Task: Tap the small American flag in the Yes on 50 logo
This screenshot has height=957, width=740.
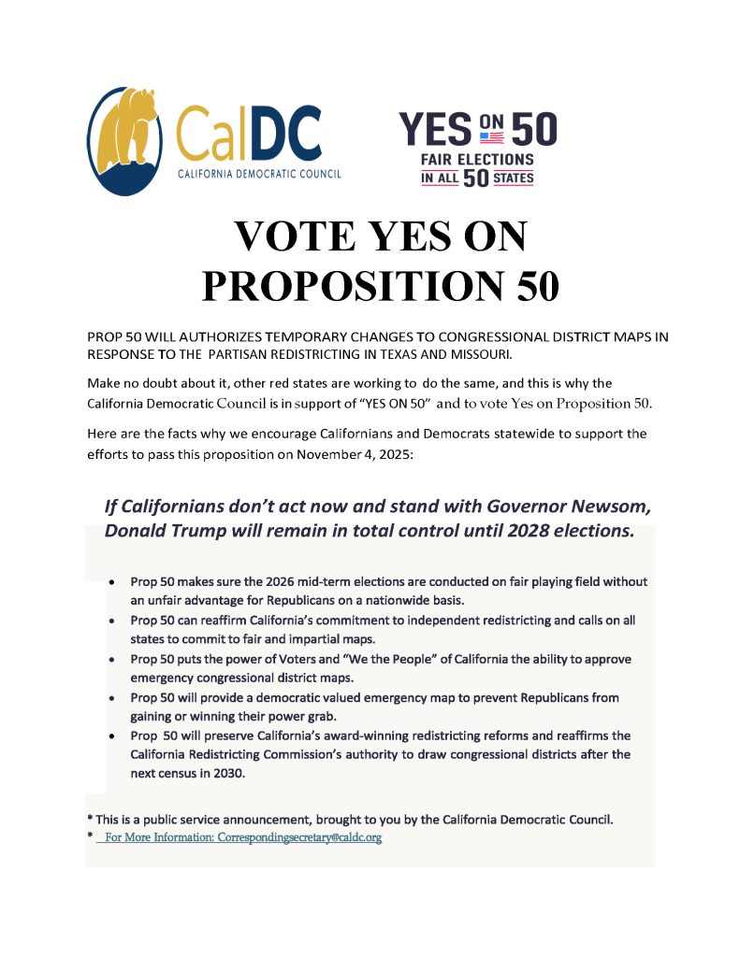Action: pyautogui.click(x=491, y=136)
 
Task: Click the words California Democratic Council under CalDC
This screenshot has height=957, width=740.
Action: pyautogui.click(x=259, y=173)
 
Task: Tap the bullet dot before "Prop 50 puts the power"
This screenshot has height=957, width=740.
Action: pyautogui.click(x=112, y=660)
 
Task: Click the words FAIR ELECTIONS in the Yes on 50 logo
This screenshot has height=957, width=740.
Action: pyautogui.click(x=477, y=160)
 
